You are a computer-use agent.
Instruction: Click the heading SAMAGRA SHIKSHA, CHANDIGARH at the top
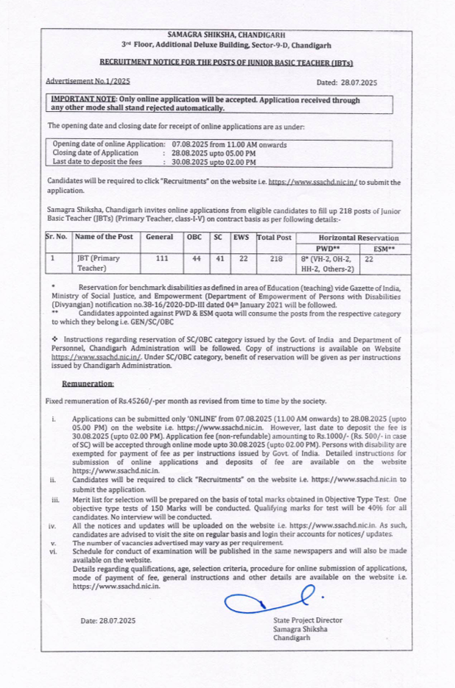226,35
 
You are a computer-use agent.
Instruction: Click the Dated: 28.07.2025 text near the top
346,82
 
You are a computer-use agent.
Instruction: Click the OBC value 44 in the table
196,258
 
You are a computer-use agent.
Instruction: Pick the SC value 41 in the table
219,258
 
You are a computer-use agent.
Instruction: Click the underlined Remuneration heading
88,383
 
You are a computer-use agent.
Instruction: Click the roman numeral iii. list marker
54,500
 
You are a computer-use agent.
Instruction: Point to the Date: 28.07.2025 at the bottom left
108,621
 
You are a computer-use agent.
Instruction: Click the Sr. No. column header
57,237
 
